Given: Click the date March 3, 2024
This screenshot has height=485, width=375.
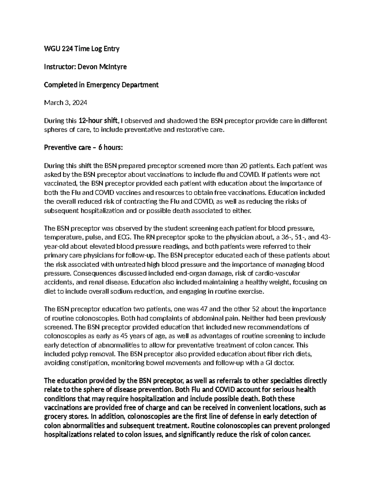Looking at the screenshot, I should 66,103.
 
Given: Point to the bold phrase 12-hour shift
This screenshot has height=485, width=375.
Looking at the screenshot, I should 98,121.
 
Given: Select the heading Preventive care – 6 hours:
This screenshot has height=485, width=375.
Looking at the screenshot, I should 83,148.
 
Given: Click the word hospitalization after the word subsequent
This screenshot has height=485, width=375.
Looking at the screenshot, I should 102,211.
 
